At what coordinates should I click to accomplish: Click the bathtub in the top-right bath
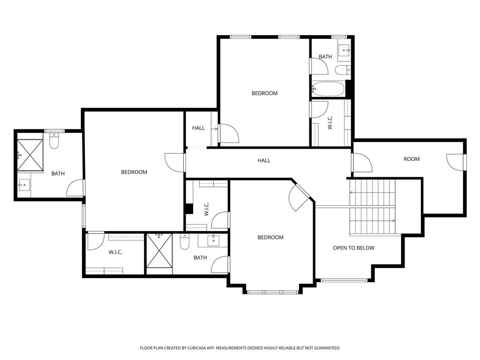point(329,88)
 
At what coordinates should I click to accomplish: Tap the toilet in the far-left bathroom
point(54,141)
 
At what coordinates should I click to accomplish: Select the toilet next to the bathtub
point(342,70)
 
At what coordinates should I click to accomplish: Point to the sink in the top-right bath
point(344,50)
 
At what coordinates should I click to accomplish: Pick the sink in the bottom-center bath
point(213,240)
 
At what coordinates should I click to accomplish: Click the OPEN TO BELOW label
point(353,248)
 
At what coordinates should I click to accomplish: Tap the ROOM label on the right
point(412,159)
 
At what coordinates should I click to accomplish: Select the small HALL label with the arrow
point(198,128)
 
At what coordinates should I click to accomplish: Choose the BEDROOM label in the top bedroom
point(264,93)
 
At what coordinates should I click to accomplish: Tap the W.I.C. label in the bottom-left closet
point(115,252)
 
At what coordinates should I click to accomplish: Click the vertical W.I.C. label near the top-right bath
point(330,123)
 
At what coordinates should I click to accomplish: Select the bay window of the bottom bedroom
point(272,292)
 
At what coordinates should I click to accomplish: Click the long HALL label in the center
point(264,161)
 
